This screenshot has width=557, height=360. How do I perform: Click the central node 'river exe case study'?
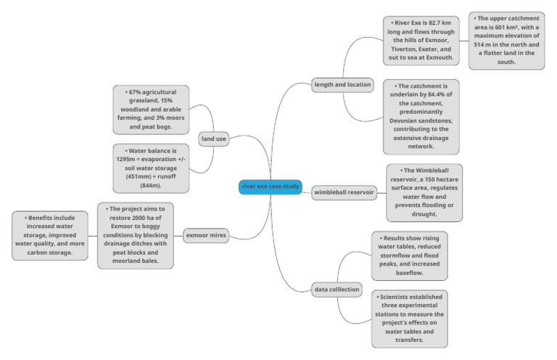point(270,187)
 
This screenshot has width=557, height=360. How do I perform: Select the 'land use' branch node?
point(214,139)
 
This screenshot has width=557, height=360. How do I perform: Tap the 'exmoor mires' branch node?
point(207,236)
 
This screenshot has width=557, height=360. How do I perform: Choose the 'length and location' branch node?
point(342,84)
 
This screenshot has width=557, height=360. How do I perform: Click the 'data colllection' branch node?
point(337,289)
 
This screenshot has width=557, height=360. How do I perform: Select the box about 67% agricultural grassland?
point(151,110)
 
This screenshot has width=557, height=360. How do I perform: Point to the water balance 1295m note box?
point(151,168)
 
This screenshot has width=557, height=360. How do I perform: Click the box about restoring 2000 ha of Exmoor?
point(136,235)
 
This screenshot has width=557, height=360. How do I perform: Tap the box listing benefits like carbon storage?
point(50,235)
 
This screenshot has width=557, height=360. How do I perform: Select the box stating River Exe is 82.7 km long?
point(421,40)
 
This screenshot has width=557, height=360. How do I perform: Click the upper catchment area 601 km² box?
point(506,40)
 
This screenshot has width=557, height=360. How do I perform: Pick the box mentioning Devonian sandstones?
point(421,115)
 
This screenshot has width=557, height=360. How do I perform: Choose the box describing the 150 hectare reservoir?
point(424,193)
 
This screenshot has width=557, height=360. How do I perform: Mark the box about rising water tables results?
point(409,255)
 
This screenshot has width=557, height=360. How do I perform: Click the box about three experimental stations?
point(409,319)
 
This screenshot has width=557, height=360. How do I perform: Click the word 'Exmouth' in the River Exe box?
point(438,57)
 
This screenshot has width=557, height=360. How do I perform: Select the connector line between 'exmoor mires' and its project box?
point(180,236)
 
